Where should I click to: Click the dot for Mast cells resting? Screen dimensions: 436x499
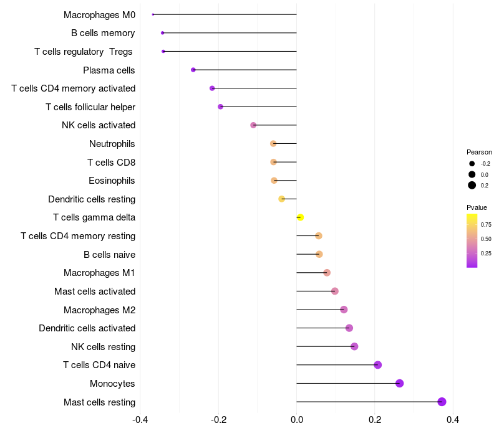(442, 402)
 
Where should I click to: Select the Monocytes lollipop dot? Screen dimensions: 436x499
(400, 383)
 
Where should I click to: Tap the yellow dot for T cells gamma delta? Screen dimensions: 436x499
(300, 217)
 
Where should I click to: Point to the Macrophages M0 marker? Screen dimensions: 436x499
(153, 14)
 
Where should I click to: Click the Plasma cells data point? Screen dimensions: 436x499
(193, 70)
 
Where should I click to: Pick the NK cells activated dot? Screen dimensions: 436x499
(253, 125)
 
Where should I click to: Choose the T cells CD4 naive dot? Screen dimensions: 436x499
(377, 365)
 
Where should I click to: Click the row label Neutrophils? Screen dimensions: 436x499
(112, 144)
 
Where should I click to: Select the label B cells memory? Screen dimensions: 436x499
(103, 33)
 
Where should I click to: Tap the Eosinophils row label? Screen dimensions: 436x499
(112, 181)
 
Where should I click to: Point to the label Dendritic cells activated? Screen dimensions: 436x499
(87, 328)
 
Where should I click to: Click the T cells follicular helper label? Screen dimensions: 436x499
(90, 107)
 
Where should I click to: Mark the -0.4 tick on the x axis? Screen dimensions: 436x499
(141, 420)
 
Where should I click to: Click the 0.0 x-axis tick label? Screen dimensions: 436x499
(297, 420)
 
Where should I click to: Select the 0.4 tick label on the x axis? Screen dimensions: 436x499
(453, 420)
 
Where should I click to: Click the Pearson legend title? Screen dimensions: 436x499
(479, 152)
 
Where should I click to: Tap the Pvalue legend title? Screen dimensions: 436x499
(477, 207)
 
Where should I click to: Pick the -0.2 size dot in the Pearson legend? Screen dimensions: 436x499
(472, 164)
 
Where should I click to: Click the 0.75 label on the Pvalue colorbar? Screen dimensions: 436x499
(486, 224)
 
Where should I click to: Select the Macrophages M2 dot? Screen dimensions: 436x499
(344, 310)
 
